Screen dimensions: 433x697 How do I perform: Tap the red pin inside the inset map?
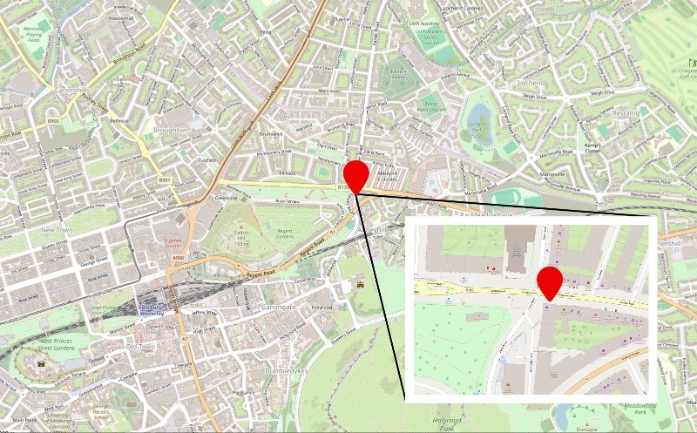pos(548,281)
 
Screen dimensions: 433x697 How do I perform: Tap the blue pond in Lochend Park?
pos(479,114)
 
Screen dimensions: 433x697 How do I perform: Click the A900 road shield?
pos(179,259)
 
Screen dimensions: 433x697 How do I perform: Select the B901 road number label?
pos(164,179)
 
